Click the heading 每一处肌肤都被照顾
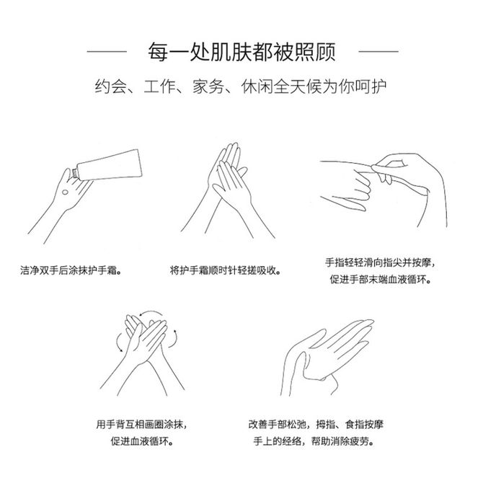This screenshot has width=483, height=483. pos(241,51)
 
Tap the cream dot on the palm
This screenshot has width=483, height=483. pos(65,192)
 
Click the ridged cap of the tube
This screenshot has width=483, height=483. pos(74,173)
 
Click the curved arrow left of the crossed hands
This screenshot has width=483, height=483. pos(118,342)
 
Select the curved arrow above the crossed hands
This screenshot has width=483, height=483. pos(151,311)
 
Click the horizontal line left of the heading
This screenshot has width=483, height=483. pos(107,51)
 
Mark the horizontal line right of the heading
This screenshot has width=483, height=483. pos(378,51)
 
